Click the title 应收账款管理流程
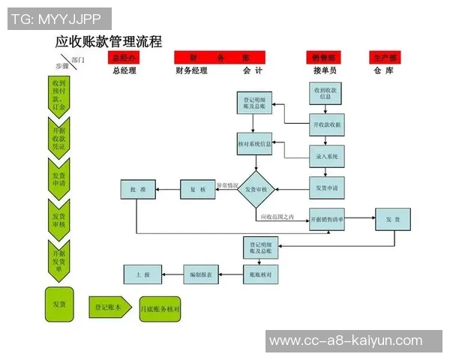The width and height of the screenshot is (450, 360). (x=109, y=42)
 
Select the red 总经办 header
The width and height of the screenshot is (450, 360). (x=124, y=58)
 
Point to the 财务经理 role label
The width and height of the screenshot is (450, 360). (x=190, y=70)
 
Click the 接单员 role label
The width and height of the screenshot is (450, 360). (x=325, y=70)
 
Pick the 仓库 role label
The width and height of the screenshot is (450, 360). (x=383, y=70)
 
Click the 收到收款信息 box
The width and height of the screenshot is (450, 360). (x=326, y=93)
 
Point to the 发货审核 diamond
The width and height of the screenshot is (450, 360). (x=257, y=189)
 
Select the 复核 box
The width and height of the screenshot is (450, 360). (x=198, y=190)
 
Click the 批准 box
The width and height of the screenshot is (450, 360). (x=138, y=190)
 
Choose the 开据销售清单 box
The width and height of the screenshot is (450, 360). (x=327, y=219)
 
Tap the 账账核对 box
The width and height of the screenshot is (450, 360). (x=262, y=275)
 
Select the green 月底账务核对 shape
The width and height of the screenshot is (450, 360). (x=160, y=308)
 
